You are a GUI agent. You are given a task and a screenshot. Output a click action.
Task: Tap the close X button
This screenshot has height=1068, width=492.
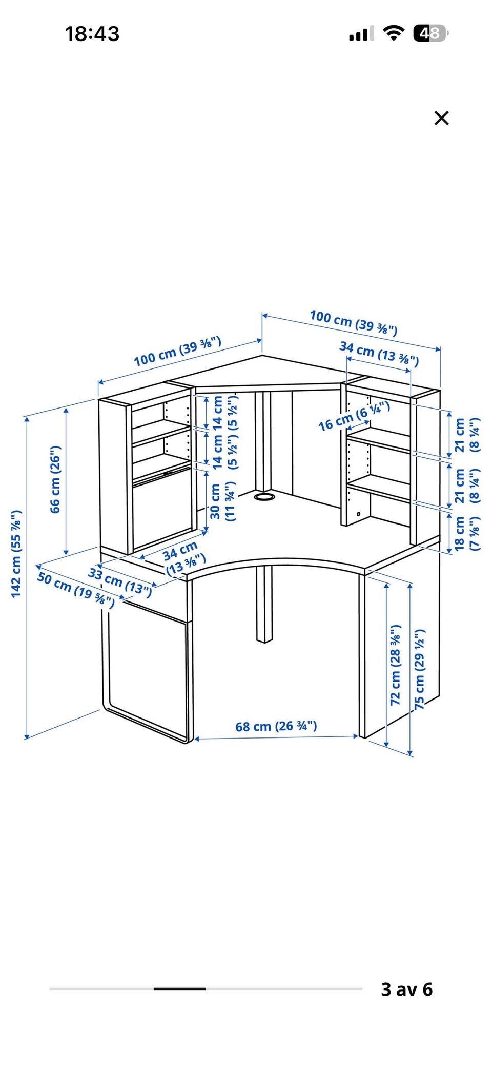coord(441,118)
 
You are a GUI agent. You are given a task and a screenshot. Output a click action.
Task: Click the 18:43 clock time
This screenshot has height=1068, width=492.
coord(92,34)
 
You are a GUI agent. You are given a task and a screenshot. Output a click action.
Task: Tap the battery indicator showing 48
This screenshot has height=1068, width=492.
coord(430,33)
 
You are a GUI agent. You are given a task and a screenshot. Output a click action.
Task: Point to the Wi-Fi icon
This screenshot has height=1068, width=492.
coord(394,33)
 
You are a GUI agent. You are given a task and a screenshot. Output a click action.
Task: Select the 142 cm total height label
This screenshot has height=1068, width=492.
coord(16,554)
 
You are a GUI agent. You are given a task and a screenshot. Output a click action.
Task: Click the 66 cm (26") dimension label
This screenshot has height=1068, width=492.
coord(55,479)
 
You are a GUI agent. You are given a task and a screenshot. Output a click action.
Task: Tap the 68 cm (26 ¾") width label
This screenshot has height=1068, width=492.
coord(276,726)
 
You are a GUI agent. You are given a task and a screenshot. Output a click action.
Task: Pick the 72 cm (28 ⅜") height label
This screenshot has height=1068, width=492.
coord(396,665)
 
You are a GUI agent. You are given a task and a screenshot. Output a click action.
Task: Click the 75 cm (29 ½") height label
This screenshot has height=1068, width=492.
coord(420,670)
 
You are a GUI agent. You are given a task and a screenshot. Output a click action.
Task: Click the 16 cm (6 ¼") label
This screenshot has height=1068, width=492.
coord(354,416)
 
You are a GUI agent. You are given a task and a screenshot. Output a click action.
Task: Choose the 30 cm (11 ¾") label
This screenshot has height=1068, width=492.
coord(223,501)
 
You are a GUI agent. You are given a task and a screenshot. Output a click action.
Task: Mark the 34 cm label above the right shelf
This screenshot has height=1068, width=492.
coord(379,354)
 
